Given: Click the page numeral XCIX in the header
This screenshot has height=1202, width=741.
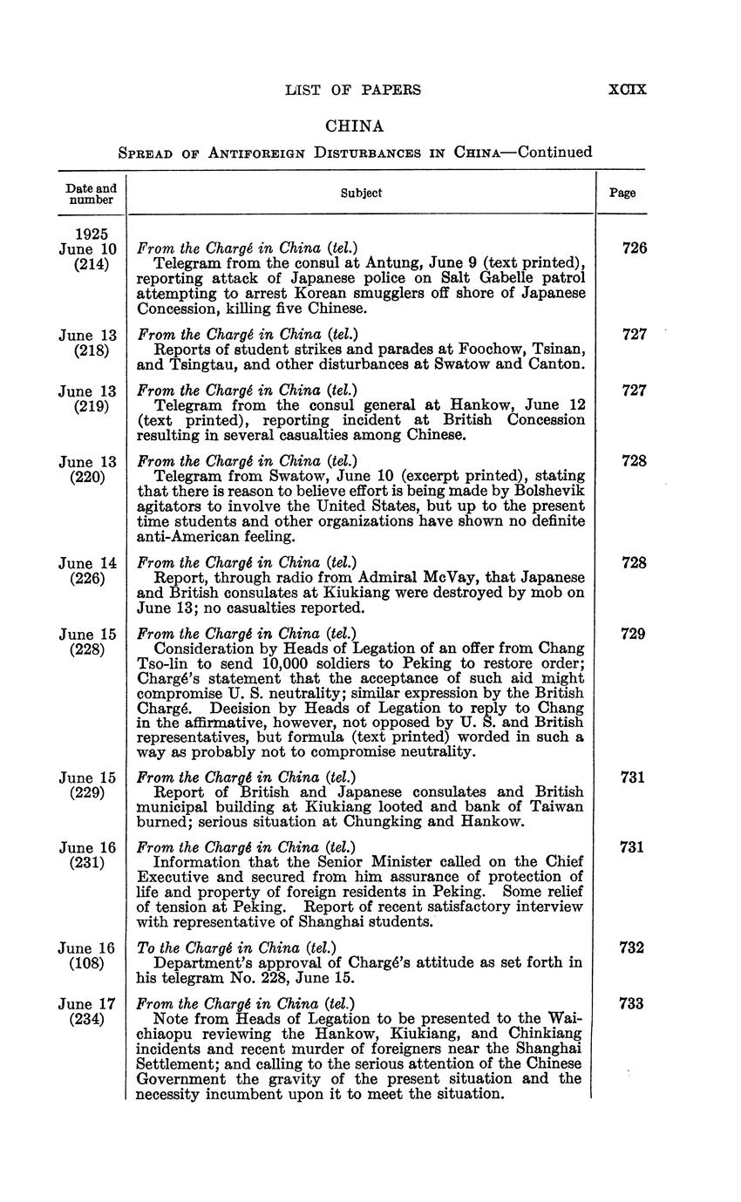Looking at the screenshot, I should click(627, 89).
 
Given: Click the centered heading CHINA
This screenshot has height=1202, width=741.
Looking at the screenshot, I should click(354, 126).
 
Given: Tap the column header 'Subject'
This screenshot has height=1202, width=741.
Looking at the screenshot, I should click(361, 193).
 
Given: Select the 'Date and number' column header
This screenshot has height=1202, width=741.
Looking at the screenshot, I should click(91, 194).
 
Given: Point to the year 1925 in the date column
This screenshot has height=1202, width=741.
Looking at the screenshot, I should click(92, 234).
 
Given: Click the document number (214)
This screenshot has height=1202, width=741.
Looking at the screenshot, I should click(91, 264).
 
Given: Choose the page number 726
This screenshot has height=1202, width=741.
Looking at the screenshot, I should click(634, 248).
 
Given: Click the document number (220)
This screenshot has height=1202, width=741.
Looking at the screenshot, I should click(91, 476).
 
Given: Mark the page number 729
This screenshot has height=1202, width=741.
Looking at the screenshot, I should click(634, 634).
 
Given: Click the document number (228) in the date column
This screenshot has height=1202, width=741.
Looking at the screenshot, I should click(91, 649).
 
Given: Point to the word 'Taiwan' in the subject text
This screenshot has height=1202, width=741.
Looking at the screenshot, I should click(559, 806).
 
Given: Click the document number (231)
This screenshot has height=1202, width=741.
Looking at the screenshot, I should click(91, 863).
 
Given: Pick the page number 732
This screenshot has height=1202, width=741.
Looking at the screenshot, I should click(634, 947).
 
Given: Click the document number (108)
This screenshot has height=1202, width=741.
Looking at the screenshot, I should click(91, 963).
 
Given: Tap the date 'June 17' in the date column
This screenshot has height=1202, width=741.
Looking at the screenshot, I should click(87, 1004).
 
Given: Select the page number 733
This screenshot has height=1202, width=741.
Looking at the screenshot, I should click(634, 1004).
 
